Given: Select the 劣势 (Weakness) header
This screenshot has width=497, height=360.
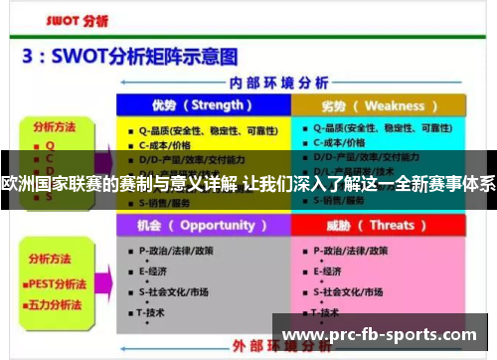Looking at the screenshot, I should pos(378,105).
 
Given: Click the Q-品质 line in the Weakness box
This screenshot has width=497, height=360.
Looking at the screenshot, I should pos(373,128).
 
